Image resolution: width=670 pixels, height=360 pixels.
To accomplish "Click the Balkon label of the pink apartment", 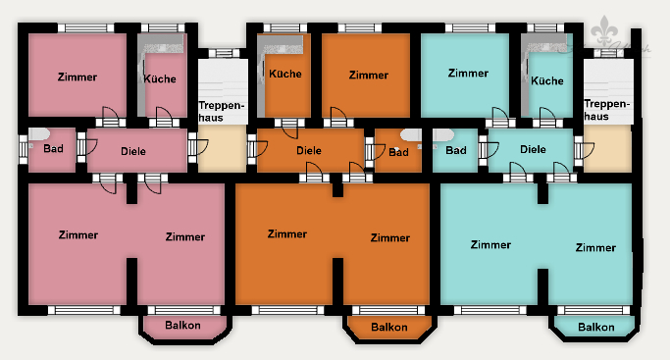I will (183, 325).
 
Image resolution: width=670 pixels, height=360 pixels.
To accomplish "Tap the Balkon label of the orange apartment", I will (389, 327).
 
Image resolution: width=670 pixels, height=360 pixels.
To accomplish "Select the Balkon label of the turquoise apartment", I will (595, 327).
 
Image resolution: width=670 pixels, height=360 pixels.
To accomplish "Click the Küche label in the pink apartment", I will (160, 78).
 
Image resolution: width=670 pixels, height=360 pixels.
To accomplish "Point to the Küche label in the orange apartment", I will (284, 74).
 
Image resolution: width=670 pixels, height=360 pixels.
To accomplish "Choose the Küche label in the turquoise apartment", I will (547, 81).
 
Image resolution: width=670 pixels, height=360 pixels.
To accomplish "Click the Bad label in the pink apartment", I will (53, 149).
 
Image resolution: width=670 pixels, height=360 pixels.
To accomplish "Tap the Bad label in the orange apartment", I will (398, 152).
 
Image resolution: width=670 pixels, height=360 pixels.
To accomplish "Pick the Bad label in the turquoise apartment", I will (456, 150).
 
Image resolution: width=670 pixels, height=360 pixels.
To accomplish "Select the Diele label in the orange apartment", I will (309, 151).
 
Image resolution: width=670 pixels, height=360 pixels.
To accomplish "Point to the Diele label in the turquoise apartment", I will (533, 149).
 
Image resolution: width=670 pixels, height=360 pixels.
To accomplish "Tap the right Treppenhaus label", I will (606, 109).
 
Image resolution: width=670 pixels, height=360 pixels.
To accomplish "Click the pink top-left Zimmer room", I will (77, 77).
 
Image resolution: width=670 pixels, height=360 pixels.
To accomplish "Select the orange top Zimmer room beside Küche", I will (368, 75).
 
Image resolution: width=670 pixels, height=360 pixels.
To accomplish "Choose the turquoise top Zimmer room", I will (467, 73).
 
